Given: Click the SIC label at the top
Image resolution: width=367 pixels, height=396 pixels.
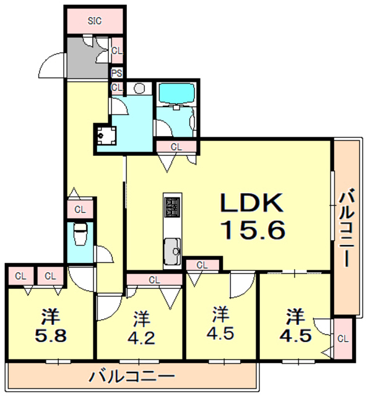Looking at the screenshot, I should pos(94,20).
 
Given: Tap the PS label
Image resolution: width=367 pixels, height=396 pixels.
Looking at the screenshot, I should pos(117,73).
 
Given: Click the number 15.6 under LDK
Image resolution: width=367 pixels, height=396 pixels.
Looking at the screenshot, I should pos(253,230).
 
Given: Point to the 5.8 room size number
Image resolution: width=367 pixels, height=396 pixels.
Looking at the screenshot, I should pos(51,338).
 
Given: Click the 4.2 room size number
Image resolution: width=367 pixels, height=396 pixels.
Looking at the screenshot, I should pos(142,338).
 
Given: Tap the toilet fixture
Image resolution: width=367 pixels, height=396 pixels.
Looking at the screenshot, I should pos(80,235).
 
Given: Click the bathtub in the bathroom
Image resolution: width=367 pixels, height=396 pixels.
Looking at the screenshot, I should pos(177,93).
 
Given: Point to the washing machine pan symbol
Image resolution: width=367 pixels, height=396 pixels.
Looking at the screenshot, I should pos(103,134).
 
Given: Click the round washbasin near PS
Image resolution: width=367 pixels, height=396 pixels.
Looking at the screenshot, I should pos(139,88).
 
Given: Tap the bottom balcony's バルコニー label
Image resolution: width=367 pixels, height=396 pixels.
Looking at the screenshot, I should pos(131,376).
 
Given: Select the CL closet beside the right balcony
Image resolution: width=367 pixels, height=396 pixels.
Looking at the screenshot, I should pos(344,338).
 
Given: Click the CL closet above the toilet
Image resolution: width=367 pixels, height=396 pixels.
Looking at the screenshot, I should pos(80,209).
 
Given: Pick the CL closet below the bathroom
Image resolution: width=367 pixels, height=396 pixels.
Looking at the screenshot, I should pos(176,147).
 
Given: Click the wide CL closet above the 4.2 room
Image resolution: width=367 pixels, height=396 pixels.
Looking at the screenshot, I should pos(154,280).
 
